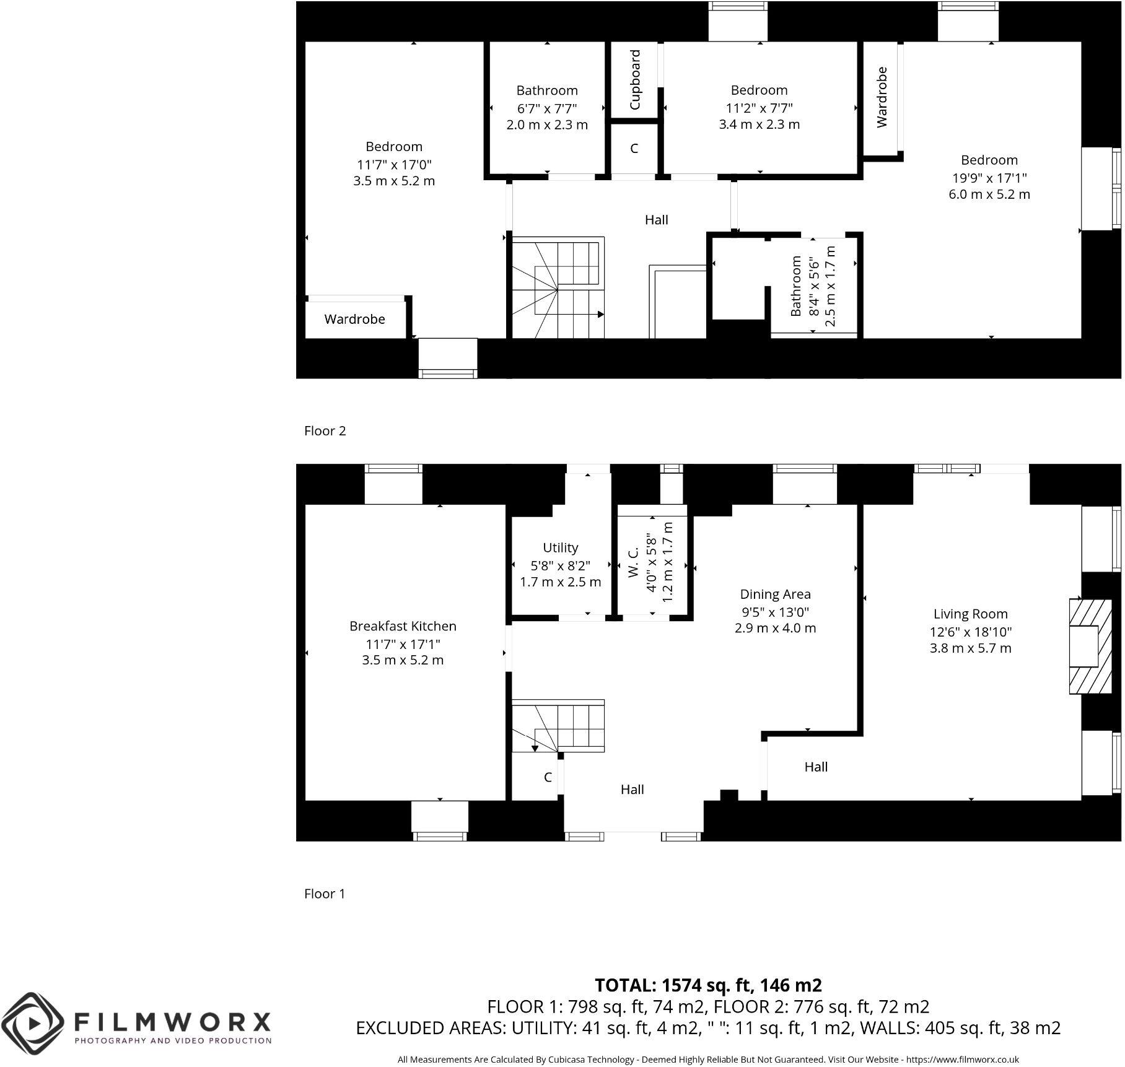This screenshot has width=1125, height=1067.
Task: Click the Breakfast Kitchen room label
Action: [x=403, y=626]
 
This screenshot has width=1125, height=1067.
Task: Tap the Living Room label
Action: [x=970, y=614]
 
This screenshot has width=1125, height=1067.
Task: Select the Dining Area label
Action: [x=775, y=594]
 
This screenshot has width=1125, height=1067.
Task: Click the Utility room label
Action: [x=560, y=547]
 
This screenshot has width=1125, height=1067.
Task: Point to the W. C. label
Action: [x=633, y=562]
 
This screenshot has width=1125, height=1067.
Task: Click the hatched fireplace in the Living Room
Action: [x=1084, y=645]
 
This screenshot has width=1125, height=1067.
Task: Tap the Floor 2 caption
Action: [x=325, y=431]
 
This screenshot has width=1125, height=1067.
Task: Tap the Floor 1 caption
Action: [x=325, y=894]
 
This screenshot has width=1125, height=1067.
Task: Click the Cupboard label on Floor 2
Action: [x=635, y=81]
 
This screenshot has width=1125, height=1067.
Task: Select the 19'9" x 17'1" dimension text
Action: [x=989, y=178]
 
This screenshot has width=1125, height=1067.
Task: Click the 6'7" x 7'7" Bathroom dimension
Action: [x=547, y=108]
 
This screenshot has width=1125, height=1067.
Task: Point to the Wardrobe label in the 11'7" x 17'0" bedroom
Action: [x=354, y=320]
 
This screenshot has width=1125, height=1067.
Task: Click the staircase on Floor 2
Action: [x=556, y=288]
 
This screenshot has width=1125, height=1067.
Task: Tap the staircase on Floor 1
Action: [x=558, y=726]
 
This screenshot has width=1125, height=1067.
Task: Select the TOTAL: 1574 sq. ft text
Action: [x=708, y=985]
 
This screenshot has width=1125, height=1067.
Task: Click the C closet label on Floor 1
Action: [x=548, y=777]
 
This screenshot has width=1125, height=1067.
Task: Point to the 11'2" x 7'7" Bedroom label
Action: [x=759, y=90]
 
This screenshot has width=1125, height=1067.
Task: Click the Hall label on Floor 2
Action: [x=656, y=220]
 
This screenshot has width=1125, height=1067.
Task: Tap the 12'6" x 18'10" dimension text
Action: [x=970, y=632]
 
